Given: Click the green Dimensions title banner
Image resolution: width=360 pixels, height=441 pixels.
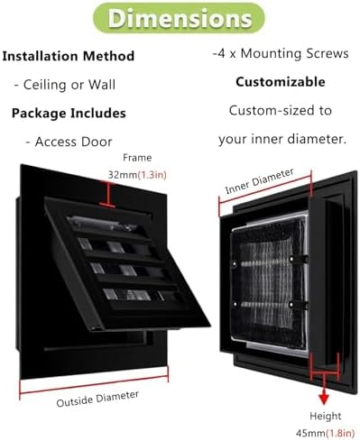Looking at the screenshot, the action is coord(179,18).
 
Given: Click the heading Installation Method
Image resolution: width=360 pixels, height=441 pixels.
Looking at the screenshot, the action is coord(69,56).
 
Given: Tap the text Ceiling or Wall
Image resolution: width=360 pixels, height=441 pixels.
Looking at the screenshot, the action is coord(65,85).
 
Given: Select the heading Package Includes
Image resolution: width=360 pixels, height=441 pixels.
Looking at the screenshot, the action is coord(69,114).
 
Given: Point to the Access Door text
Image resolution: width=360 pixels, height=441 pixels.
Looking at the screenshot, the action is coord(69,142).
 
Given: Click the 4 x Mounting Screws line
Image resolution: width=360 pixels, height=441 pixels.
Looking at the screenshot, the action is coord(281,53).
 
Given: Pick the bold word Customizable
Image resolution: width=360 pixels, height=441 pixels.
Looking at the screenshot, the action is coord(281,82).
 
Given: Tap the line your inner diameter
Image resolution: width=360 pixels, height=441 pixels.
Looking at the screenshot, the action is coord(282,139).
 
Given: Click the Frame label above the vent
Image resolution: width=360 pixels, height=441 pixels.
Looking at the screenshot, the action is coord(137,158).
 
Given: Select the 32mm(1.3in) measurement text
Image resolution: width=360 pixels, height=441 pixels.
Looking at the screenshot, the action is coord(137,175).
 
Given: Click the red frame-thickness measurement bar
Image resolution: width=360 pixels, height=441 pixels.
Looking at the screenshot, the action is coord(107,194).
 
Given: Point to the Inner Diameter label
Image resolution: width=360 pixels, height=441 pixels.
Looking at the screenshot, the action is coord(259,181).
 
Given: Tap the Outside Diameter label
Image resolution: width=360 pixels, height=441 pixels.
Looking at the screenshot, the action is coord(97,399).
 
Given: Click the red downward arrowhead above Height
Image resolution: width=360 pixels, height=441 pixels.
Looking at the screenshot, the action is coord(324,400).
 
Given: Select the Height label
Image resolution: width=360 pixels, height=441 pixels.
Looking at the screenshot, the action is coord(326,416).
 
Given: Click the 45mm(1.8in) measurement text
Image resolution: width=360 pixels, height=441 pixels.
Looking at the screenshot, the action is coord(326,433).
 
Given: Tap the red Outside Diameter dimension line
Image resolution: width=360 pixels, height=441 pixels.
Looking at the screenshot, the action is coord(94,384).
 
